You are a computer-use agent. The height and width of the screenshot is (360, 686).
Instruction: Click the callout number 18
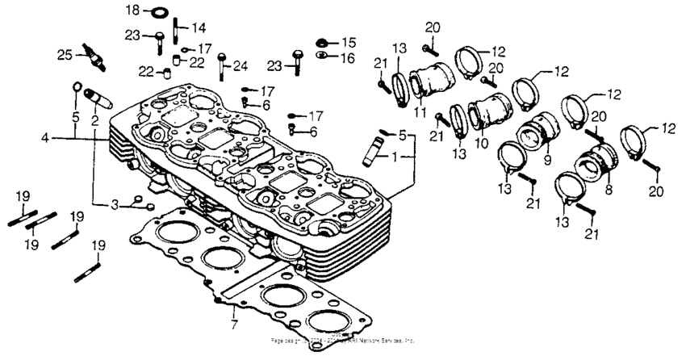click(132, 9)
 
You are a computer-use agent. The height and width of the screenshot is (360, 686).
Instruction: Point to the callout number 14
click(198, 27)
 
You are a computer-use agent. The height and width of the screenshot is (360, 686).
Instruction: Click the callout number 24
click(240, 66)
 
